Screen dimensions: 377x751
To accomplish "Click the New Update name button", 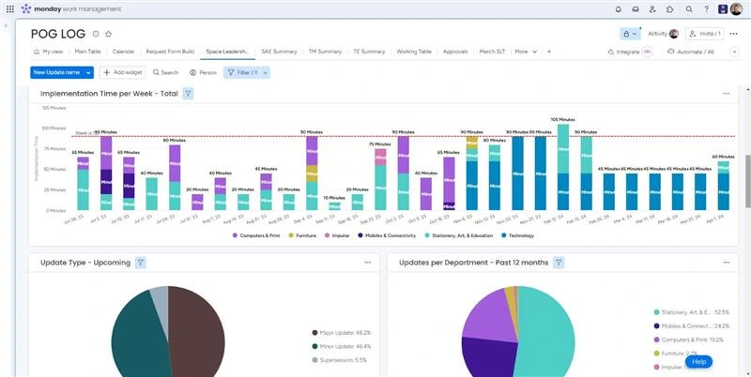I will pos(56,72).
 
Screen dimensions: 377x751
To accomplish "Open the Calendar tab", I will pos(123,52).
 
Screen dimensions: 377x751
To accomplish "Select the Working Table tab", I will pos(414,52).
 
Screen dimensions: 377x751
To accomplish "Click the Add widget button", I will pos(121,72).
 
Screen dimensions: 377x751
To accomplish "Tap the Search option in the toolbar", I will pos(165,72).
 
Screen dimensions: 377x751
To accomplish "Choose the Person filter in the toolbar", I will pos(203,72).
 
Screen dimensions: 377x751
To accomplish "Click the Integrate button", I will pos(624,52).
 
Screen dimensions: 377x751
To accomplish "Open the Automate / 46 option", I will pos(690,52).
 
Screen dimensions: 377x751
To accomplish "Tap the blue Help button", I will pos(697,361).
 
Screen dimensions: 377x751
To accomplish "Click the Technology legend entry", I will pos(518,235).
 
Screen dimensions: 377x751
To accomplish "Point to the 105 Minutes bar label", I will pos(561,120).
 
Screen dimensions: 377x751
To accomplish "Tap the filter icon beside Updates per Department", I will pos(559,263).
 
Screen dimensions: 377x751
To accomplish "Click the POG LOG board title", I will pos(58,33).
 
